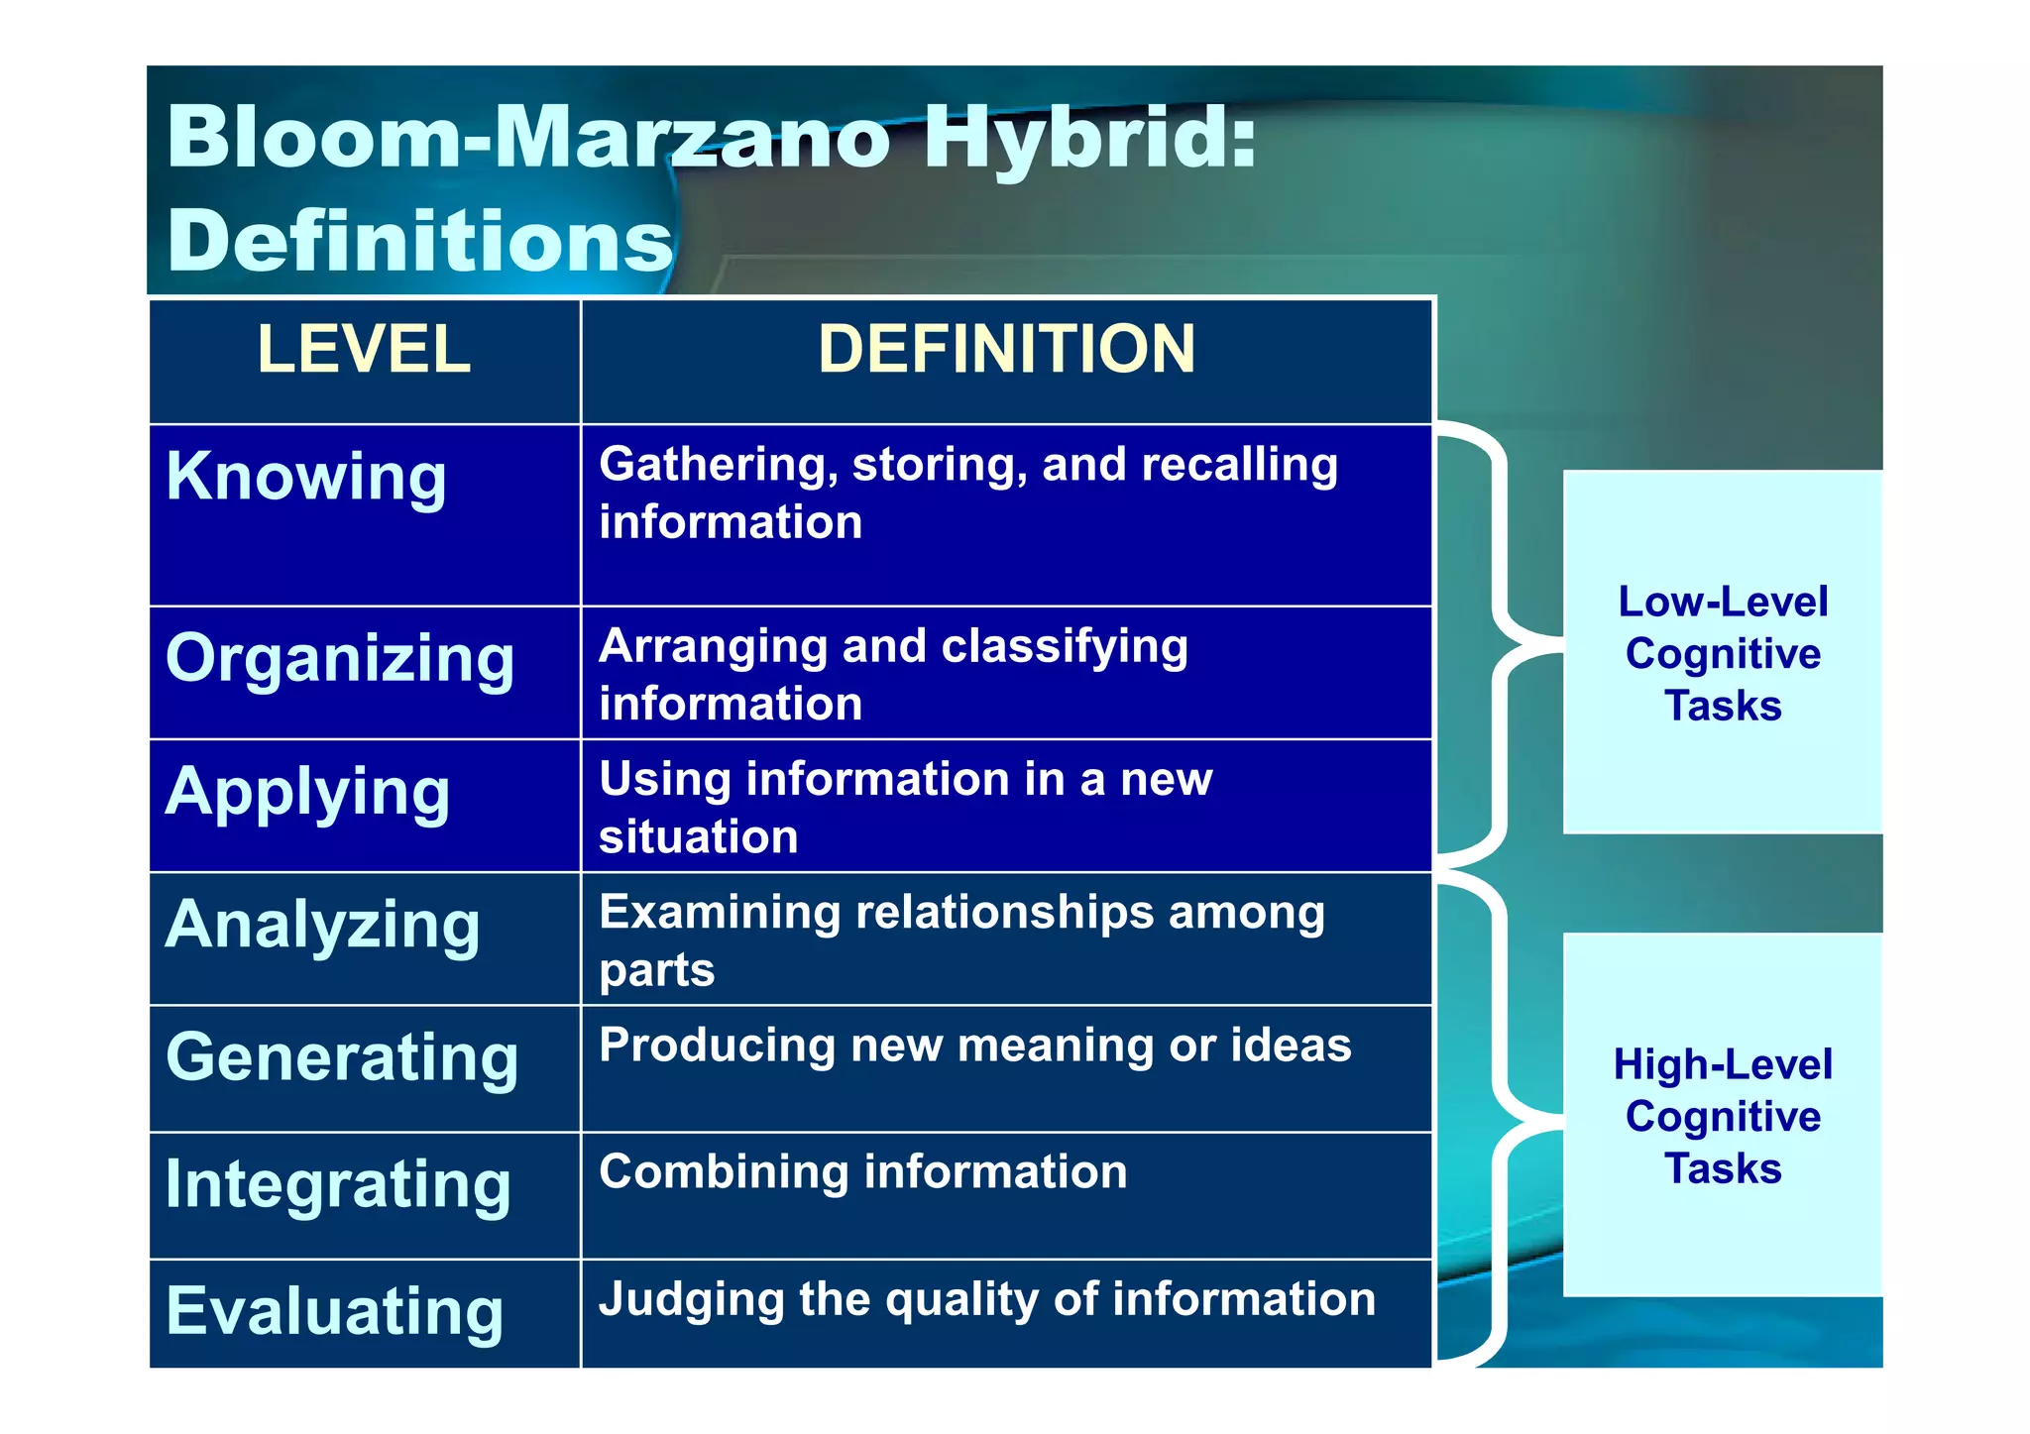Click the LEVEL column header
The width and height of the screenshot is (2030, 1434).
coord(364,350)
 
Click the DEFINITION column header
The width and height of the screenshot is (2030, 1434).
coord(1006,350)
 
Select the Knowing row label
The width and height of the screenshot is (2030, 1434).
coord(306,478)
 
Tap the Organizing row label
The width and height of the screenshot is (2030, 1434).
coord(340,659)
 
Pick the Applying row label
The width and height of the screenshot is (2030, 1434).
coord(308,793)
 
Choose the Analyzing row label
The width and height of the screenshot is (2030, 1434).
coord(323,926)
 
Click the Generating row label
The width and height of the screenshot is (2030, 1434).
coord(342,1057)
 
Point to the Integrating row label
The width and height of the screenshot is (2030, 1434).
coord(338,1184)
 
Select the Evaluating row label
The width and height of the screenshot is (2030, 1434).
coord(335,1311)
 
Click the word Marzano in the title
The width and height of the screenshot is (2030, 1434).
coord(692,139)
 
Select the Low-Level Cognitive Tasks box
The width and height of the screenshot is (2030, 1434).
coord(1723,653)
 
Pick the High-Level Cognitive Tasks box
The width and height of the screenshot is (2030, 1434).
coord(1723,1116)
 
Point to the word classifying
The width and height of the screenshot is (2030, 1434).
coord(1065,647)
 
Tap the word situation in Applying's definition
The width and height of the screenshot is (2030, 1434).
coord(699,837)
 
